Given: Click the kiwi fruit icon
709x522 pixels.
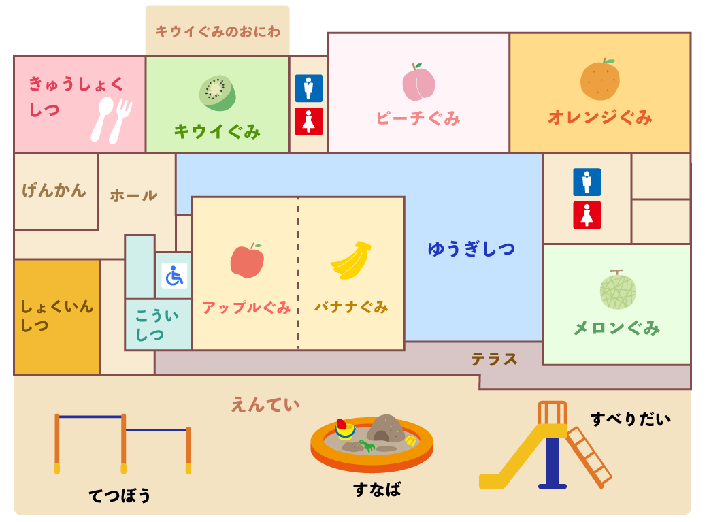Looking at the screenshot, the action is pos(217,93).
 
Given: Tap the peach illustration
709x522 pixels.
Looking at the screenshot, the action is pos(418,82).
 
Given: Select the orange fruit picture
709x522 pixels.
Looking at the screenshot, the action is pos(600,80).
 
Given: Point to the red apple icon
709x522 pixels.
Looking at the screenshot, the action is pos(247,261).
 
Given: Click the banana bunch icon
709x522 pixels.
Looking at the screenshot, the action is pos(352,261).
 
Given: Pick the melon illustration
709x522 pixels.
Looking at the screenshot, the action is pos(618,290).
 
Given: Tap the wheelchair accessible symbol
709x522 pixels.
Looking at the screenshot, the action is pos(174,276).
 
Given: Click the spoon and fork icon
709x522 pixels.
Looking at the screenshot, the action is pos(112,120).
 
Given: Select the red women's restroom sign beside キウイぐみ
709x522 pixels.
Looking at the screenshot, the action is pos(309,121).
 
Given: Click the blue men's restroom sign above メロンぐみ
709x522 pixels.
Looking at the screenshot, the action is pos(587,182).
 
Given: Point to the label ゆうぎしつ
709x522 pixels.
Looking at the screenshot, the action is pos(471,249).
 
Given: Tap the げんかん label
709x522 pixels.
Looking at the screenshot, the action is pos(54,191).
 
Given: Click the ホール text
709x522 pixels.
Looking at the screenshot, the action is pos(133,196).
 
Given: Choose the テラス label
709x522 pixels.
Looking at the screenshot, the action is pos(495,359).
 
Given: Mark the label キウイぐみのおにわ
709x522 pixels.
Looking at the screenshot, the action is pos(218,31).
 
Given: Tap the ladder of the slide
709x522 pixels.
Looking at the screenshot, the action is pos(589,456).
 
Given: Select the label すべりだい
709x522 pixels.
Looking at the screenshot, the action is pos(630,419).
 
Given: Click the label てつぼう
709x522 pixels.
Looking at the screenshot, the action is pos(120,495).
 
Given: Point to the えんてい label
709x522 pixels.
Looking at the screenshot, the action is pos(265,405).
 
